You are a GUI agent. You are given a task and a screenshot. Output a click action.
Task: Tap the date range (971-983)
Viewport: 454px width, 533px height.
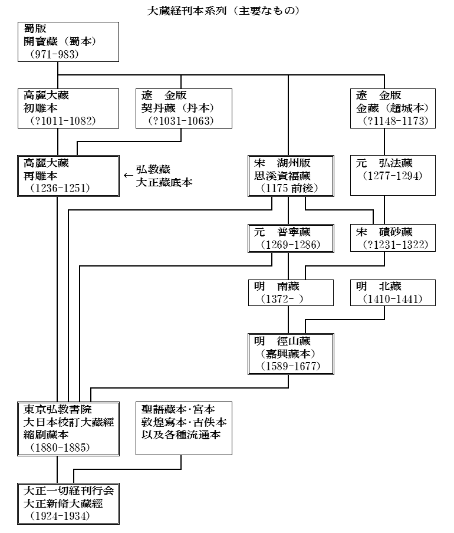tap(51, 55)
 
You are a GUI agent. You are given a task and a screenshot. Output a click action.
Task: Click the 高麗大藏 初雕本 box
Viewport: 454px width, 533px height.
tap(58, 108)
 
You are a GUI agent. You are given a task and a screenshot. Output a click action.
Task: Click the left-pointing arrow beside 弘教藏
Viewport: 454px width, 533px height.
tap(129, 175)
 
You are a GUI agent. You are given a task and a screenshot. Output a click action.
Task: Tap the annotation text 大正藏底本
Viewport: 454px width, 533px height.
tap(165, 183)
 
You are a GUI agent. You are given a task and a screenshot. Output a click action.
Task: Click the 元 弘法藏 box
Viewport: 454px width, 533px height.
tap(394, 176)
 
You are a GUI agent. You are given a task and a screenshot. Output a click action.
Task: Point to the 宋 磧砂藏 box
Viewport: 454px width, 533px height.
tap(394, 238)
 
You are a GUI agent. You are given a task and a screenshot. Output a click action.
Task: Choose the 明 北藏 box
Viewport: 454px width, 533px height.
tap(394, 293)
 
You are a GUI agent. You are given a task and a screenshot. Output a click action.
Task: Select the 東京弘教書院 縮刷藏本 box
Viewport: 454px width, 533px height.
tap(67, 429)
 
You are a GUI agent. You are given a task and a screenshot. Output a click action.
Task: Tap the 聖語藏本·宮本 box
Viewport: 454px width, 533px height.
tap(183, 429)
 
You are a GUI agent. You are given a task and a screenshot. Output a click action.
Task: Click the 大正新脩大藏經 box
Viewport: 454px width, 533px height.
tap(67, 503)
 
